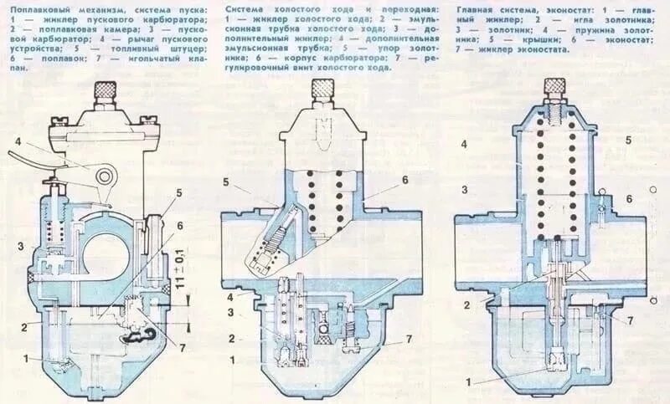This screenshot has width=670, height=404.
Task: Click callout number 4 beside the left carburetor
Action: point(16,140)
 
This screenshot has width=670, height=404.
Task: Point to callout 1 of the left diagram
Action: point(28,358)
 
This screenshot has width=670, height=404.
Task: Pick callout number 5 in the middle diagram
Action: point(226,182)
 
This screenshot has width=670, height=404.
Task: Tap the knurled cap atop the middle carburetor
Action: point(323,89)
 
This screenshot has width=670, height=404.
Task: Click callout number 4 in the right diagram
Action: point(463,144)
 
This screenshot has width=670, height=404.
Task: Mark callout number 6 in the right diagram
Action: point(628,198)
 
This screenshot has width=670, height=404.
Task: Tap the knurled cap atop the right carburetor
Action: point(554,85)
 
